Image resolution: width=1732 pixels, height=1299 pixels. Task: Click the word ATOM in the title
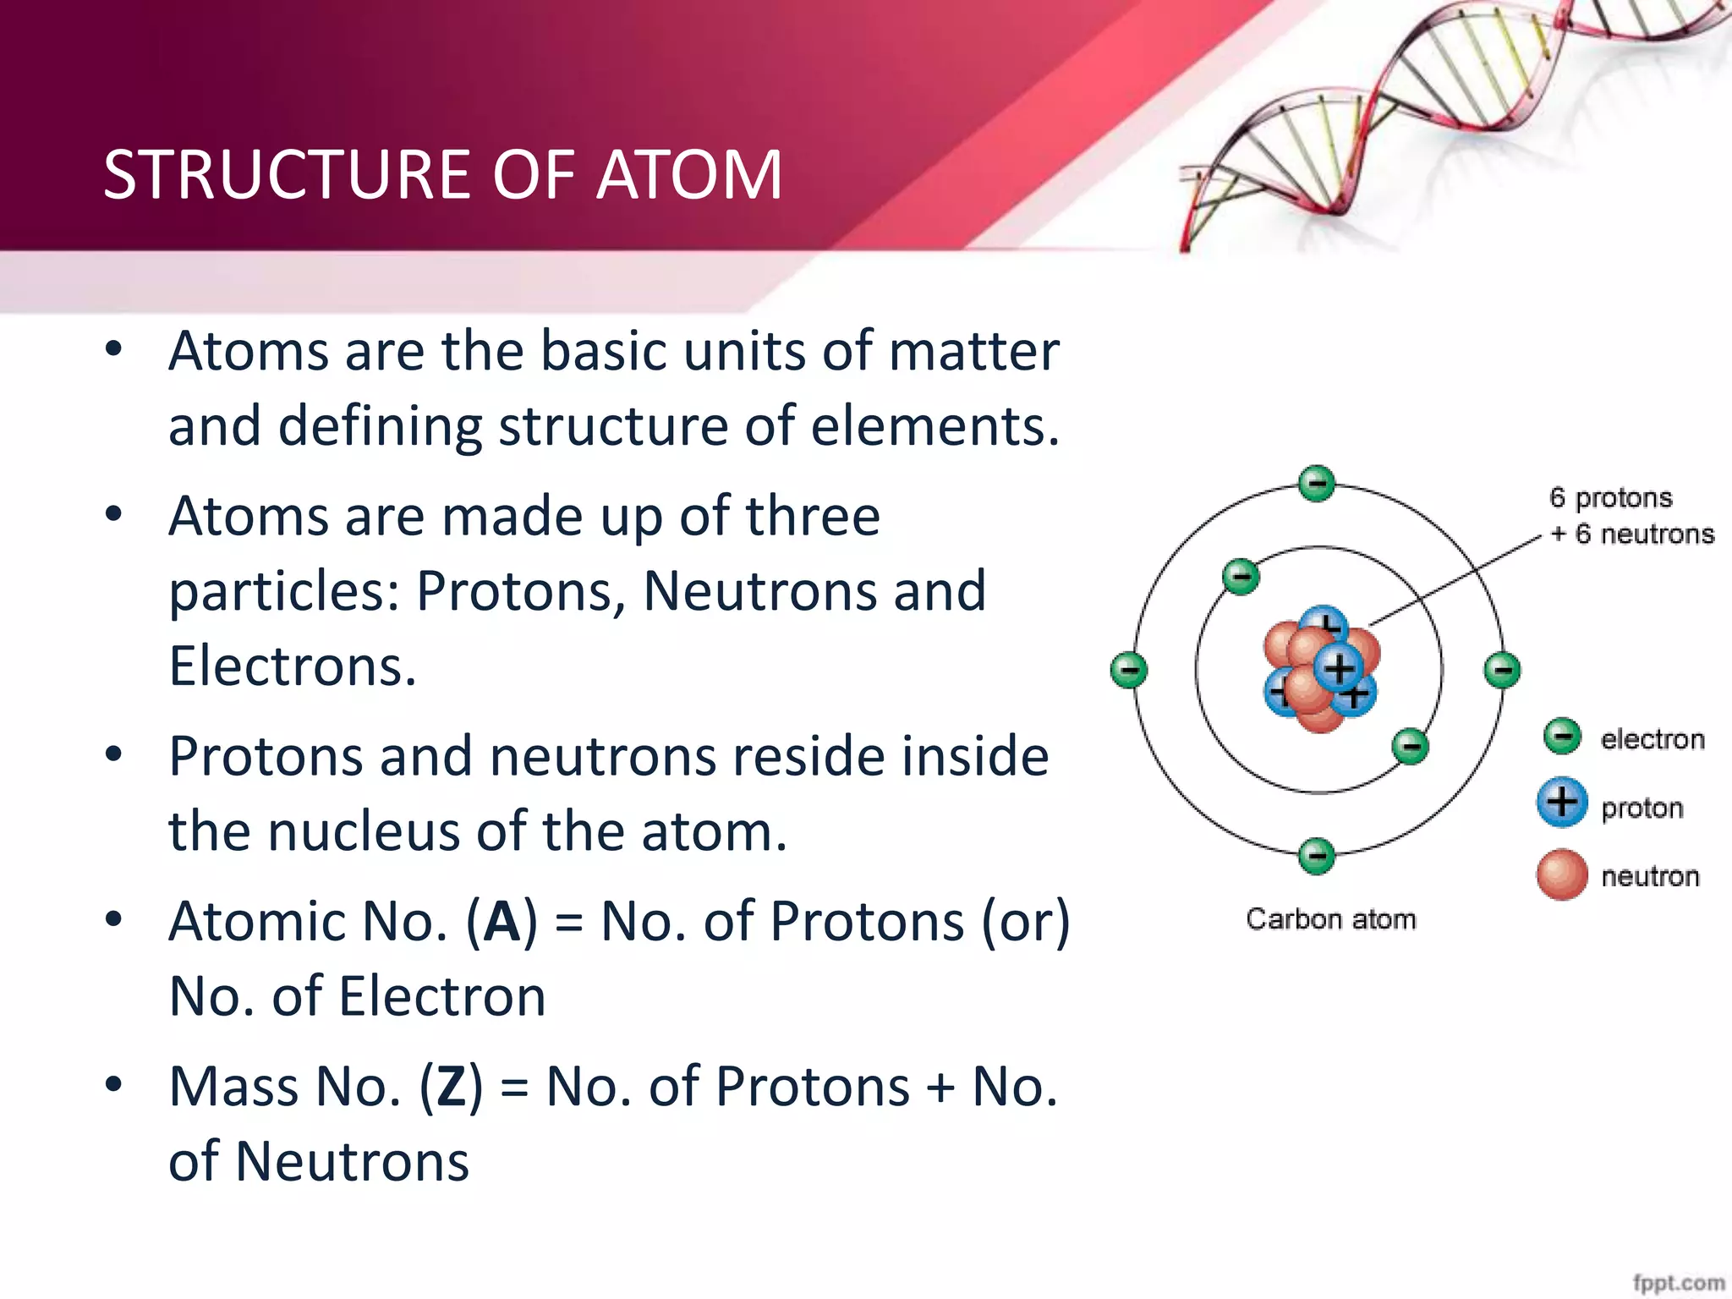[x=689, y=175]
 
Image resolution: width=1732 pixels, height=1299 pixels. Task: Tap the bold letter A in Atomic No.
[x=502, y=922]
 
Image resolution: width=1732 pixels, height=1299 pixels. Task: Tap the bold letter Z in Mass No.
[x=451, y=1088]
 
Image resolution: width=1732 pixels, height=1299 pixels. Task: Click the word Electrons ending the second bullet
[x=292, y=666]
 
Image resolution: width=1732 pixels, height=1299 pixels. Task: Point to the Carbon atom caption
[x=1330, y=919]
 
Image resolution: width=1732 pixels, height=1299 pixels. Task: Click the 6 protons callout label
[x=1610, y=497]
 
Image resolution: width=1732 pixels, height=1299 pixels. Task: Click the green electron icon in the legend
[x=1562, y=737]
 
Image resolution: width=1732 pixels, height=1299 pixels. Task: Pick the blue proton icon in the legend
[x=1561, y=802]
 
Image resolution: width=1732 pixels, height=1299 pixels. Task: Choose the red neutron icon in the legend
[x=1561, y=874]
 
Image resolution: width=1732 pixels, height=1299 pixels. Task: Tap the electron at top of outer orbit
[x=1317, y=484]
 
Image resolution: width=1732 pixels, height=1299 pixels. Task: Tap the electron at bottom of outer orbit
[x=1317, y=856]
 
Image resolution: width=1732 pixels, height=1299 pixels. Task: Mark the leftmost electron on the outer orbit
[x=1129, y=671]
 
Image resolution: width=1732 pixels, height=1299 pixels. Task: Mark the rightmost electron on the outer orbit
[x=1503, y=671]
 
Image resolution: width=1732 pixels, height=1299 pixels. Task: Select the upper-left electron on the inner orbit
[x=1241, y=578]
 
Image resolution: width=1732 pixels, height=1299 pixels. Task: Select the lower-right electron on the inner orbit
[x=1410, y=746]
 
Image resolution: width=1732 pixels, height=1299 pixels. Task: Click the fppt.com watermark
[x=1678, y=1283]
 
